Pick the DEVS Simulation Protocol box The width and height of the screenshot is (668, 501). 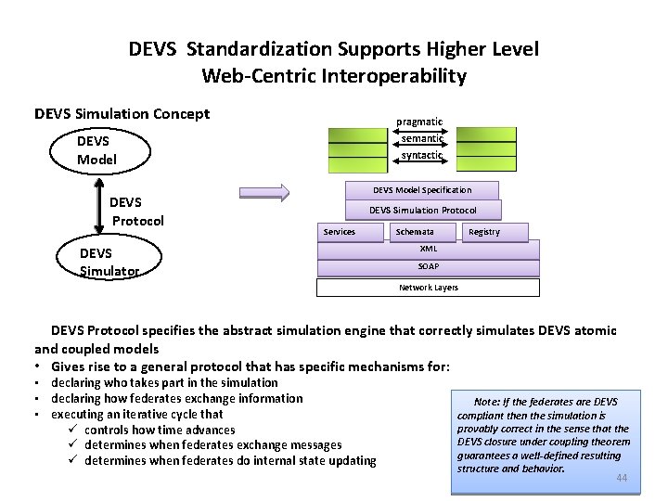click(x=422, y=211)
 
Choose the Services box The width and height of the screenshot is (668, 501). click(x=339, y=232)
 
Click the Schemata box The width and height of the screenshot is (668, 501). click(x=414, y=232)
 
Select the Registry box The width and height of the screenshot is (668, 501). click(x=484, y=232)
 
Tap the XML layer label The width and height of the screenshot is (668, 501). click(x=428, y=249)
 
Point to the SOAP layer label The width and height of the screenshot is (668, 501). click(x=428, y=267)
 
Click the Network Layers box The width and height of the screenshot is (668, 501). click(x=428, y=288)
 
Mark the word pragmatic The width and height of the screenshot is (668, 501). click(x=419, y=122)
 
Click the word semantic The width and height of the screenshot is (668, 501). click(x=422, y=138)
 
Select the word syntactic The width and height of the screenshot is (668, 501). click(x=421, y=155)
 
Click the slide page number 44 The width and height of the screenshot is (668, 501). click(x=622, y=479)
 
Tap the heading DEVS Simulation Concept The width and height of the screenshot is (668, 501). click(x=122, y=114)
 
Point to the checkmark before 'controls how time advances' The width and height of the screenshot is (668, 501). click(x=71, y=430)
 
